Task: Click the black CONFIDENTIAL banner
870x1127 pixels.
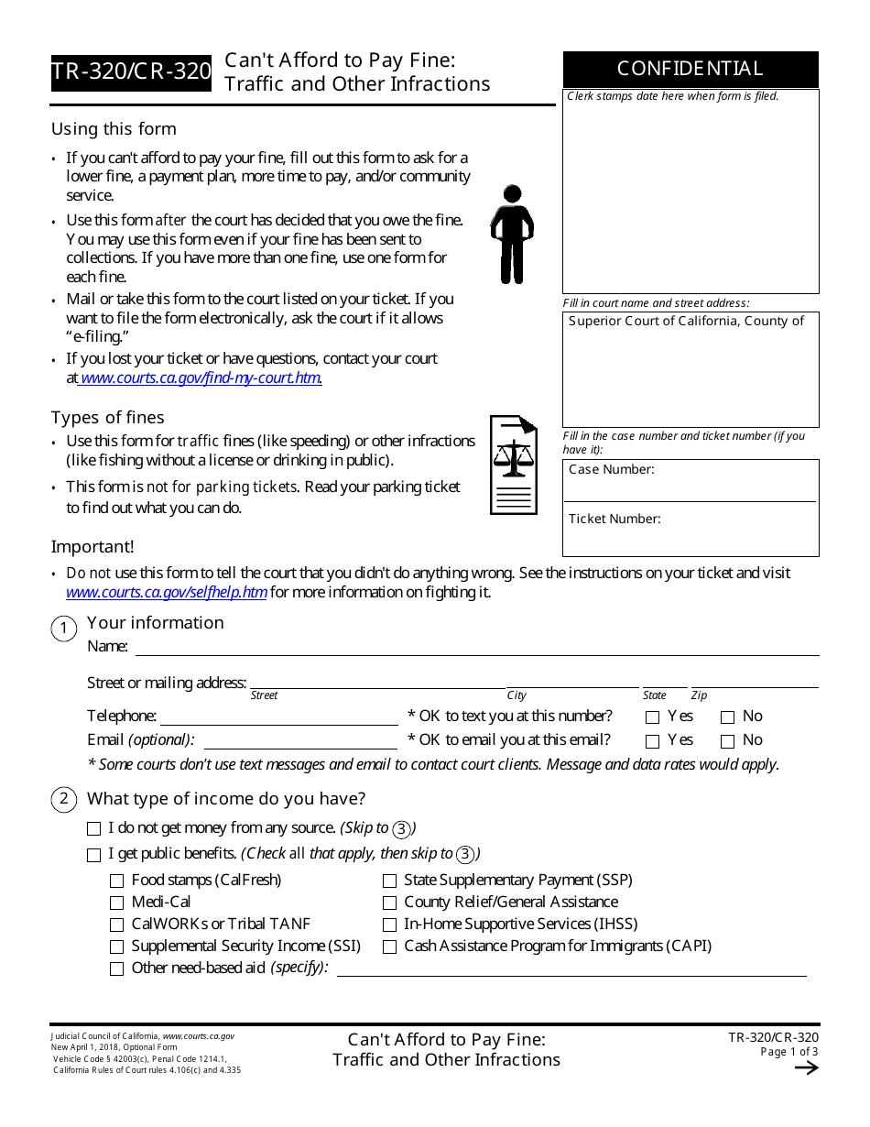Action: tap(691, 69)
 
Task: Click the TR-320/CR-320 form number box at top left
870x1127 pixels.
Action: tap(131, 71)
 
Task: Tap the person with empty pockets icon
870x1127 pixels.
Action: tap(512, 235)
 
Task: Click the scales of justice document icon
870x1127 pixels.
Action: tap(513, 465)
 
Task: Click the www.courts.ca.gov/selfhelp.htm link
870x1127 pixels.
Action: tap(167, 592)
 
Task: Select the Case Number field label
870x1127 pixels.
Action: tap(611, 470)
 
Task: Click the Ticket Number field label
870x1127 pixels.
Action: tap(614, 519)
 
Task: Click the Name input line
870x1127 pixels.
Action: tap(476, 648)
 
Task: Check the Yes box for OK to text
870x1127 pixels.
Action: tap(652, 717)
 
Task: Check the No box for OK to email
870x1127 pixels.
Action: tap(727, 741)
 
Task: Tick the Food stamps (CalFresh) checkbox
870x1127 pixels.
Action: tap(116, 881)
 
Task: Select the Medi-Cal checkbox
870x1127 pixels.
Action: tap(116, 903)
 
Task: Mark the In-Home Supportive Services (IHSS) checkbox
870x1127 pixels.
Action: tap(389, 925)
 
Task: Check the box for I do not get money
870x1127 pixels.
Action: tap(93, 829)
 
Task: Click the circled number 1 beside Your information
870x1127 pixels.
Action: tap(63, 629)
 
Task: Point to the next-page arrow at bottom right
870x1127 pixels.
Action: tap(806, 1067)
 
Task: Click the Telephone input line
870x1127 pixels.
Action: tap(278, 717)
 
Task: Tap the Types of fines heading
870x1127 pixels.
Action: tap(108, 418)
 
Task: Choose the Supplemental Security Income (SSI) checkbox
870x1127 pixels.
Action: tap(116, 947)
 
